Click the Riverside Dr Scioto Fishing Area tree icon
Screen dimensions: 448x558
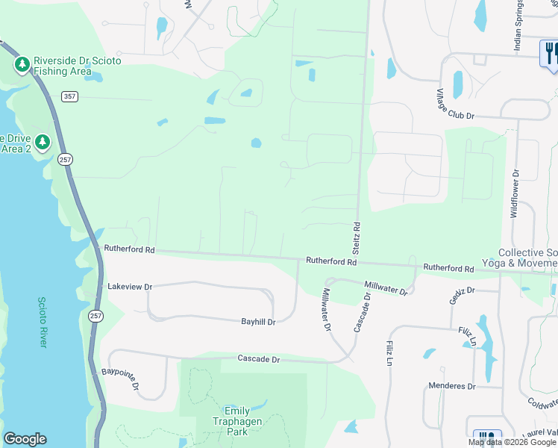(x=22, y=65)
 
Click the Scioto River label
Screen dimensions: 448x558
(x=43, y=321)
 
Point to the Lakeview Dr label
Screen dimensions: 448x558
(x=130, y=287)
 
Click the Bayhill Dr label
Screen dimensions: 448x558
(x=258, y=322)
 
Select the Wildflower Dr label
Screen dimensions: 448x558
(x=514, y=193)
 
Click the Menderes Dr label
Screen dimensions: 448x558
(x=452, y=386)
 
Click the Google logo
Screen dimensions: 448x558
(x=24, y=439)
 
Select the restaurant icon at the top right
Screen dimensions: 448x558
(x=551, y=52)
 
